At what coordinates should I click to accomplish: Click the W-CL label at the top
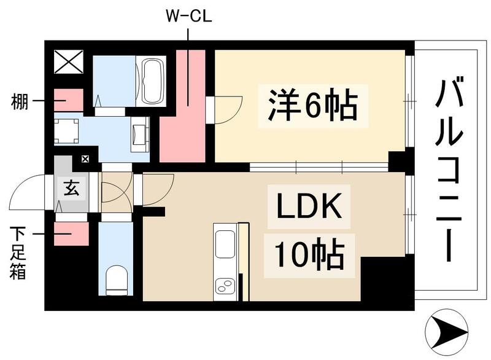point(188,17)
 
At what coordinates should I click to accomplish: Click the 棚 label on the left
point(19,101)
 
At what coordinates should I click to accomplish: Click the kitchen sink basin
point(225,244)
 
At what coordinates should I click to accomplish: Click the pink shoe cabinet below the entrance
point(71,233)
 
